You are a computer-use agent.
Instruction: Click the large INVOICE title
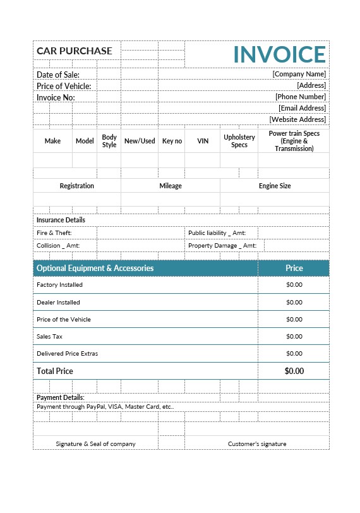coord(279,54)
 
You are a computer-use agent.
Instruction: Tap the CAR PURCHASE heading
coord(75,51)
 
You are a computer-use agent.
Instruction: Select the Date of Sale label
coord(58,75)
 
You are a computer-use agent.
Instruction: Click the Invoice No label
coord(56,97)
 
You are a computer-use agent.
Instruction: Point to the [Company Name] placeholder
coord(299,74)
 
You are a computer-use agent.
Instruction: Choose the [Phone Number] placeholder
coord(300,97)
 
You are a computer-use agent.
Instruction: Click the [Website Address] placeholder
coord(297,119)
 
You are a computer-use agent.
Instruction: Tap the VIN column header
coord(203,142)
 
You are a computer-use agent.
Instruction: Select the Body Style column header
coord(109,141)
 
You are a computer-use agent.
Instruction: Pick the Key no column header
coord(172,142)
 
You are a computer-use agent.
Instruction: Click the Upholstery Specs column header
coord(239,141)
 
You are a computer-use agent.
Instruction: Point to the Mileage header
coord(171,186)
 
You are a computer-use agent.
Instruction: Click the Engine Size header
coord(275,186)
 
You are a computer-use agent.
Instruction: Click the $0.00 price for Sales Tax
coord(294,337)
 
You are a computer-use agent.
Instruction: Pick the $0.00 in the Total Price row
coord(294,371)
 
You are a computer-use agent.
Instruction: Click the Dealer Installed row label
coord(59,303)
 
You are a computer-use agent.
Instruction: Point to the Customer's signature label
coord(257,444)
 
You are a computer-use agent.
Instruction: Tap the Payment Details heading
coord(61,397)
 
